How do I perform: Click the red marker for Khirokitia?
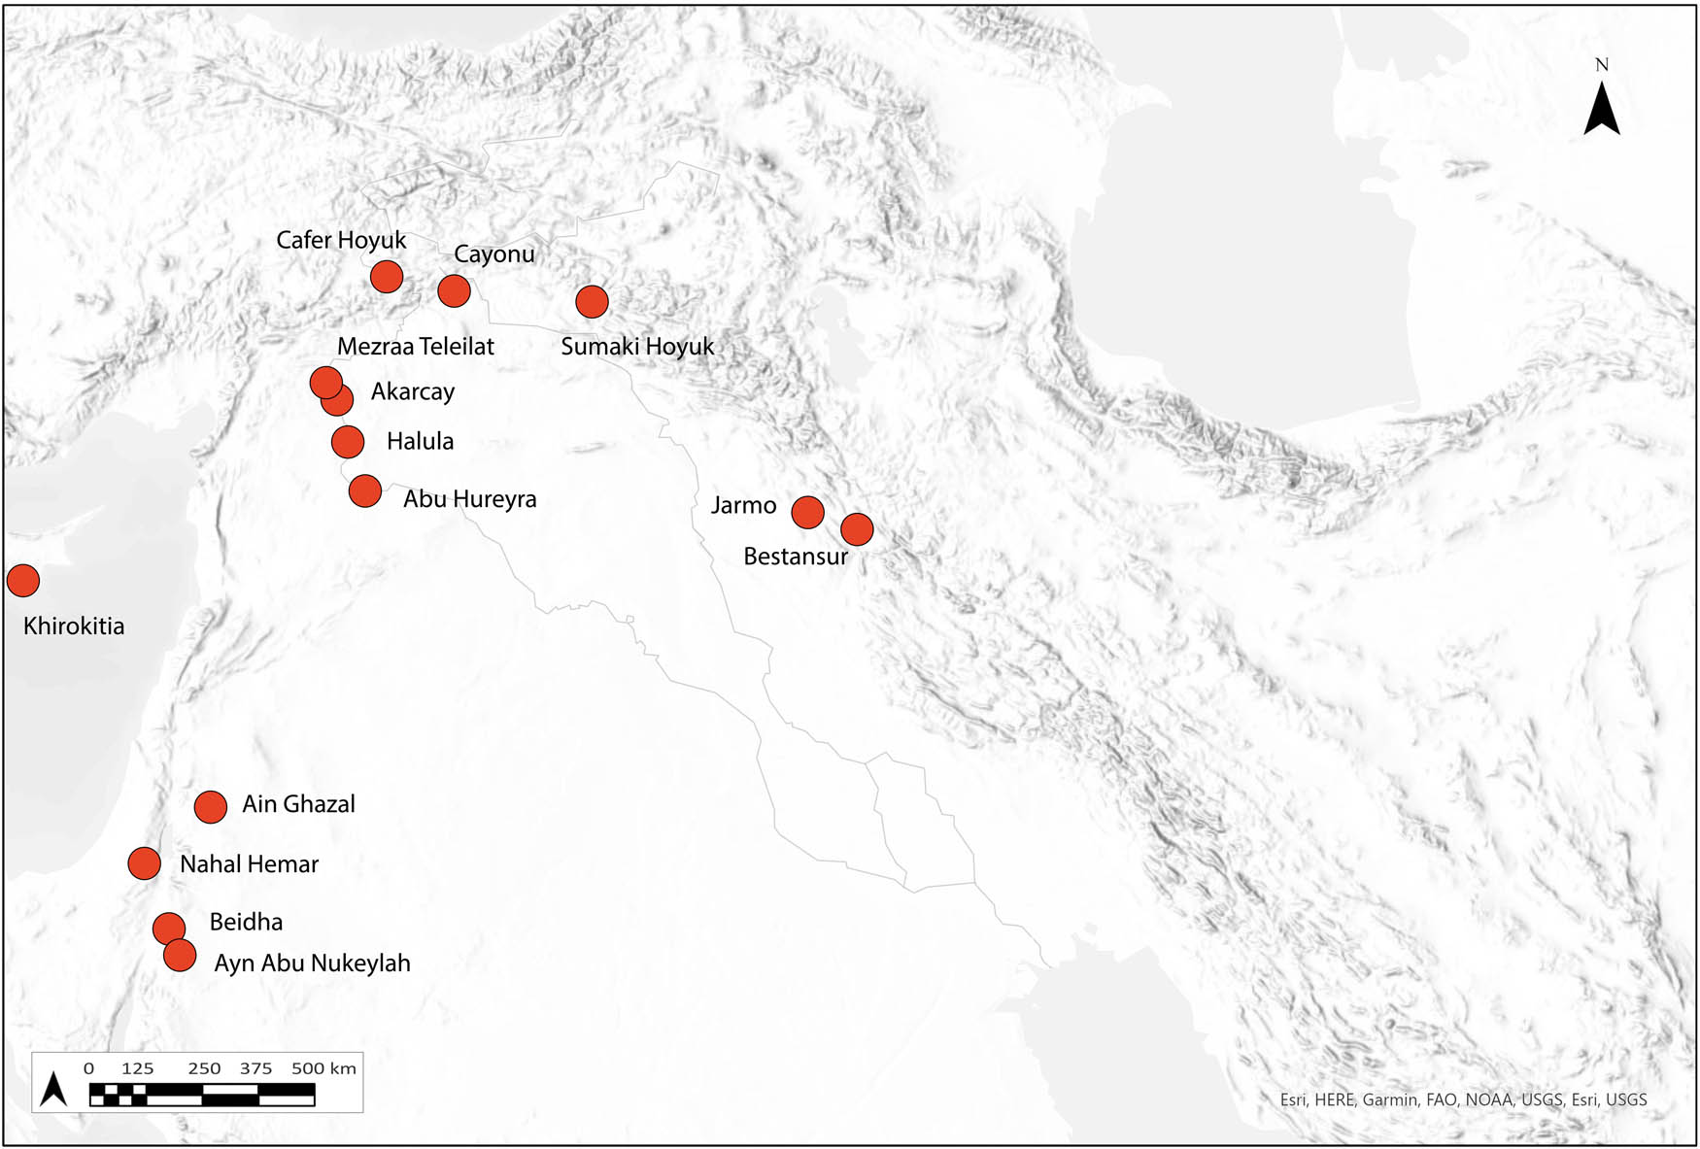coord(23,581)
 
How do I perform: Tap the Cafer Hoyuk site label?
coord(341,240)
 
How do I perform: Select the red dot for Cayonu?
coord(454,290)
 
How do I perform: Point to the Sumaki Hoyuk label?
coord(637,347)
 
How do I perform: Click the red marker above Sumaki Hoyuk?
coord(592,302)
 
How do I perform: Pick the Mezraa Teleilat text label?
coord(415,347)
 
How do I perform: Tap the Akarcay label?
coord(413,392)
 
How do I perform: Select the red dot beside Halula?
coord(348,442)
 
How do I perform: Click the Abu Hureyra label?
coord(469,499)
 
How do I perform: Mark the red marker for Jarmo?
coord(807,512)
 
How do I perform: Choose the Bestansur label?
coord(796,557)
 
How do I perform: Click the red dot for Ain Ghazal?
coord(211,806)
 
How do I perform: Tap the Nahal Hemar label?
coord(249,864)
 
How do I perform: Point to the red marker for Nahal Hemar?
coord(145,862)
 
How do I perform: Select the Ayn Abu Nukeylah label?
coord(312,963)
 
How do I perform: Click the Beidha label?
coord(246,922)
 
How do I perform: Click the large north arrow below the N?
coord(1602,110)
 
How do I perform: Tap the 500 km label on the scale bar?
coord(323,1068)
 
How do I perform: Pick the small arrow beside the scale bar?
coord(54,1090)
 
